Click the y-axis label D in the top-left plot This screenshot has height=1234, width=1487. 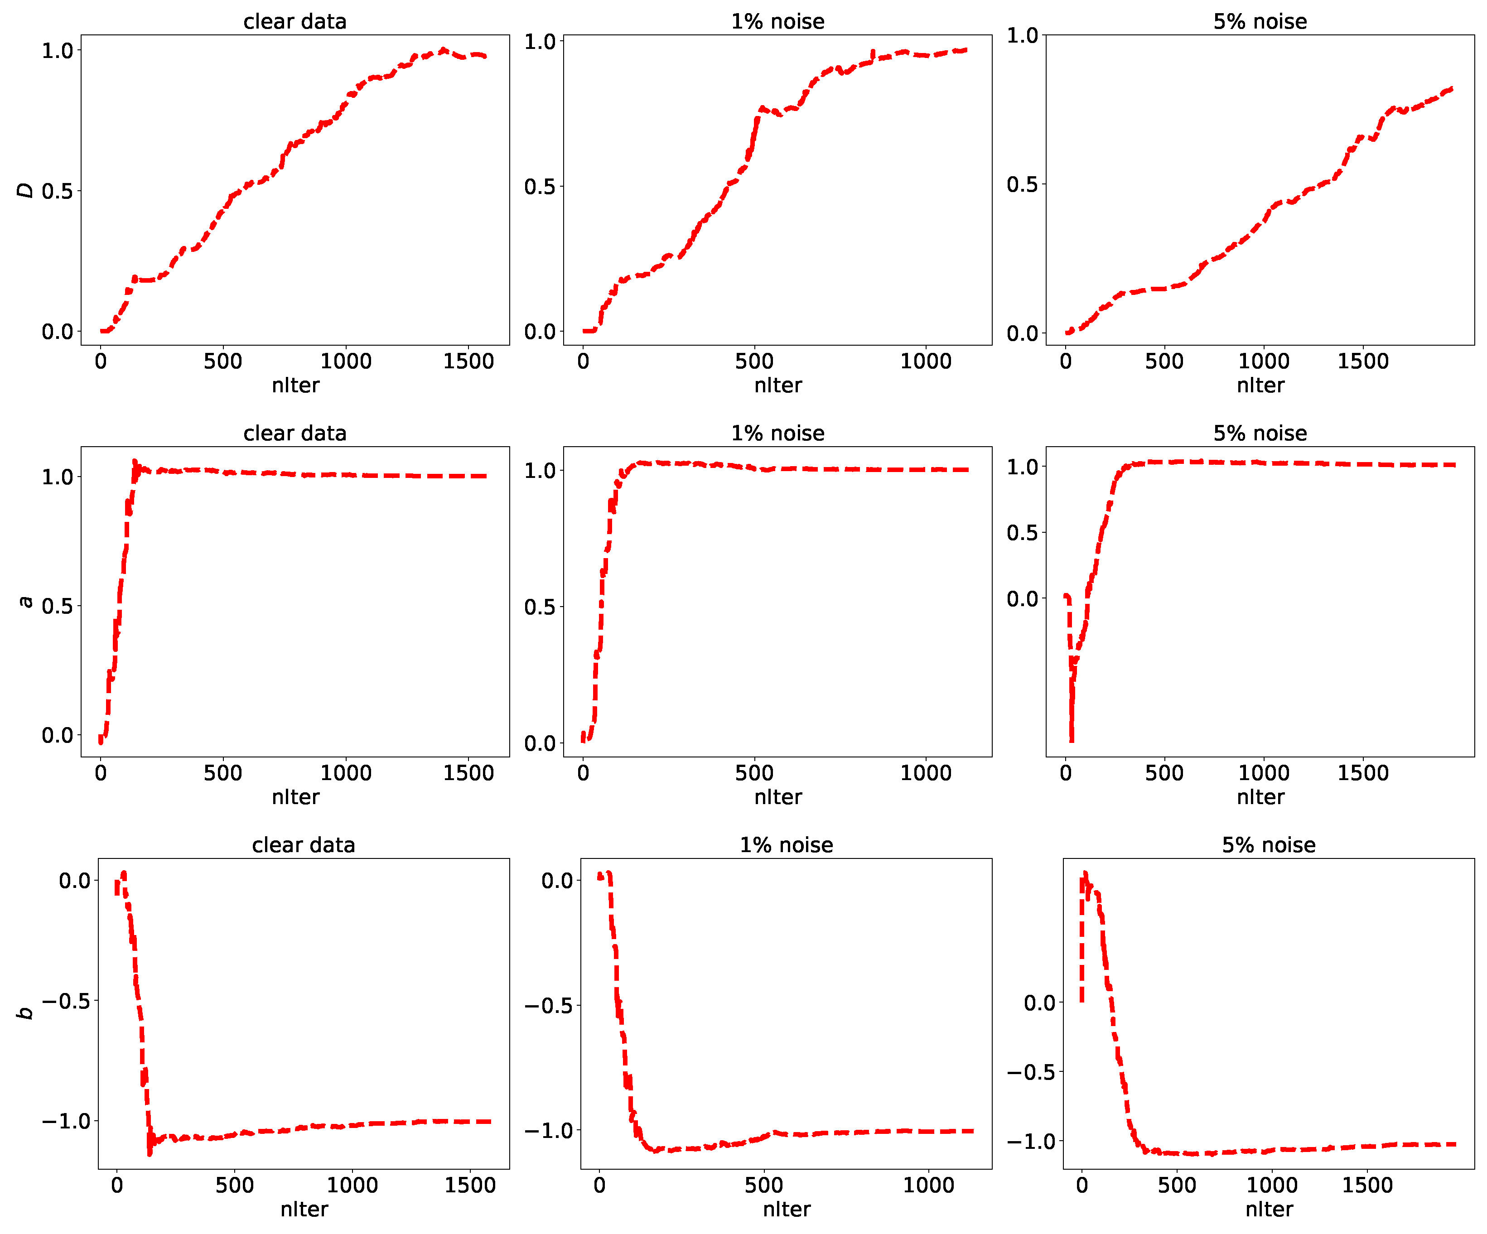tap(25, 190)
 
